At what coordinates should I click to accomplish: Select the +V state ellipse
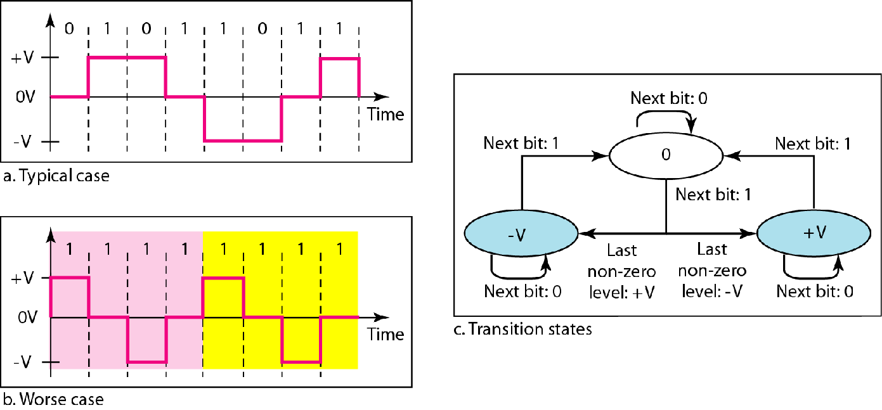(814, 233)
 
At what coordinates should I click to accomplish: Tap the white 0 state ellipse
(666, 156)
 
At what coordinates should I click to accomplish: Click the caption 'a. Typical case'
(56, 176)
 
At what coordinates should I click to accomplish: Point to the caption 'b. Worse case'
(53, 399)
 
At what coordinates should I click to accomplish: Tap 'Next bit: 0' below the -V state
(522, 291)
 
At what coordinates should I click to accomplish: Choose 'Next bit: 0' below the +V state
(815, 291)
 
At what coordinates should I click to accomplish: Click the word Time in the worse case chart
(386, 333)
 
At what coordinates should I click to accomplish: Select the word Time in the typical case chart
(386, 114)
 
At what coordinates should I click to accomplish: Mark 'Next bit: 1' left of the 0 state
(521, 143)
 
